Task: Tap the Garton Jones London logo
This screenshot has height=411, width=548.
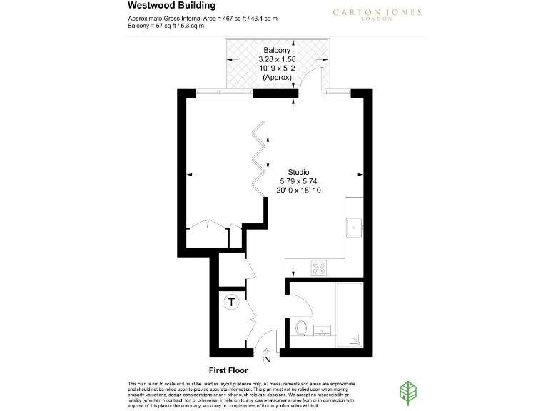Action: pyautogui.click(x=377, y=14)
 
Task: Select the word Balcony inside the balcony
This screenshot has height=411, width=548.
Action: pyautogui.click(x=276, y=49)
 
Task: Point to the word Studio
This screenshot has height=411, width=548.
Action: pyautogui.click(x=298, y=172)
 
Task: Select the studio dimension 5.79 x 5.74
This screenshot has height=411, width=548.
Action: pyautogui.click(x=298, y=181)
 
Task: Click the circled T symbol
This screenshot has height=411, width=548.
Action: pyautogui.click(x=231, y=302)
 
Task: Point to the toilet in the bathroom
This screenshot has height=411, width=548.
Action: pyautogui.click(x=301, y=329)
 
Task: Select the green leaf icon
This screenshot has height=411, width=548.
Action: pyautogui.click(x=409, y=392)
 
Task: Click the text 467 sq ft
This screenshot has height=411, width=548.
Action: pyautogui.click(x=229, y=18)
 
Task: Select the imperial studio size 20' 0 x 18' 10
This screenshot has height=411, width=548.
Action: pyautogui.click(x=298, y=191)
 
